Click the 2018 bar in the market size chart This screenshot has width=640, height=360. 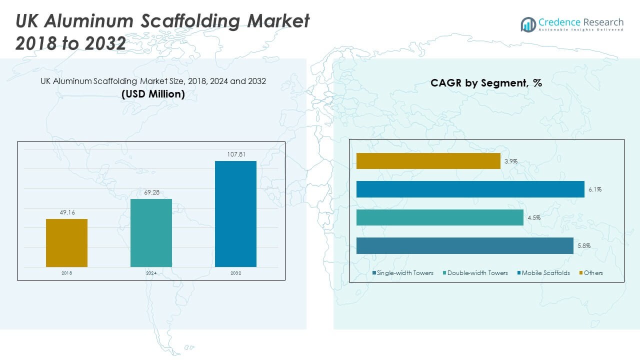(66, 243)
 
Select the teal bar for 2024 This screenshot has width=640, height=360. (151, 233)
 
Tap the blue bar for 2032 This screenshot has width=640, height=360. (235, 214)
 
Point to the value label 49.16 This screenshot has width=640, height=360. (66, 212)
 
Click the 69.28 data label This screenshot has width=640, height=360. (151, 192)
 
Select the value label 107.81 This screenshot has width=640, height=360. (235, 154)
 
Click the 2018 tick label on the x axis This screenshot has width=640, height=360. (66, 273)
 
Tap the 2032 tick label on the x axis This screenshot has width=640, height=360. (235, 273)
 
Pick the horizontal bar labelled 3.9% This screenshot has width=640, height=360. (428, 161)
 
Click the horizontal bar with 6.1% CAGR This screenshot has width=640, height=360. (470, 189)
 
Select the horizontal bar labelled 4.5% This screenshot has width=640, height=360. (439, 217)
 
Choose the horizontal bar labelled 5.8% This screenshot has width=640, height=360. (464, 245)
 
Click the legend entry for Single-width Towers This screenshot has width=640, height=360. (403, 273)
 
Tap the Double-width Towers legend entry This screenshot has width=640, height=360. (474, 273)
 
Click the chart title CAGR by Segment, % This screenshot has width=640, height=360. (486, 83)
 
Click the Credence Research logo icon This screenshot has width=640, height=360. (528, 24)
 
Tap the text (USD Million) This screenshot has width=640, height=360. (153, 94)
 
